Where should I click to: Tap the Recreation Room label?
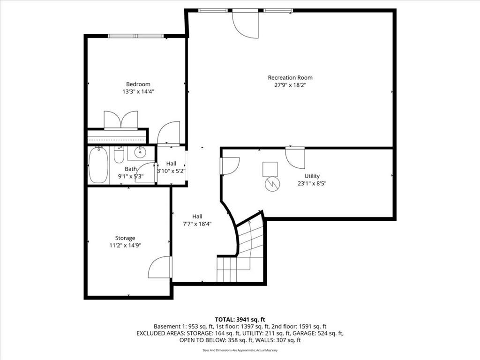(x=290, y=78)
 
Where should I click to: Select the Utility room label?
(x=312, y=176)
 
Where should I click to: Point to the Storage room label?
(x=125, y=238)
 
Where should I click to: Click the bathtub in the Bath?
(x=98, y=165)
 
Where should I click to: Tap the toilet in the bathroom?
(x=119, y=155)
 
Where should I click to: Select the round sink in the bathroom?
(x=140, y=152)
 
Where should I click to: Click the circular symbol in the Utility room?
(x=272, y=184)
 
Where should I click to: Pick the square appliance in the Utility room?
(x=270, y=169)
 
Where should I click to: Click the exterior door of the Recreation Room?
(x=245, y=24)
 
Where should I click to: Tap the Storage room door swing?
(x=160, y=267)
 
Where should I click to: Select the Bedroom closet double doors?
(x=121, y=120)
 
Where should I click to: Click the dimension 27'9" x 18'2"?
(x=290, y=85)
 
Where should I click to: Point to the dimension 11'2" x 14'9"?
(x=125, y=245)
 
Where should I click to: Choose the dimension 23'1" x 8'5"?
(x=312, y=184)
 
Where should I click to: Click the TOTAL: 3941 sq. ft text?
(x=240, y=320)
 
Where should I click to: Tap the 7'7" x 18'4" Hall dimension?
(x=197, y=224)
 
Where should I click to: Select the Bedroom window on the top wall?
(x=135, y=36)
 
